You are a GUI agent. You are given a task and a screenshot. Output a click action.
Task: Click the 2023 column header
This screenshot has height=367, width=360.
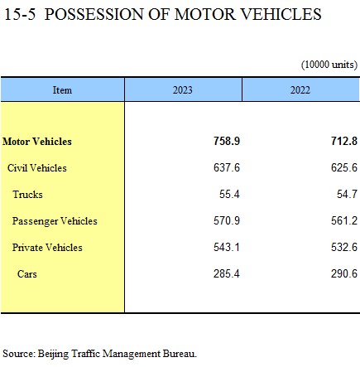183,90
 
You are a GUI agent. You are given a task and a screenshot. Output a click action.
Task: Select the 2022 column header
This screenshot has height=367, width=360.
300,90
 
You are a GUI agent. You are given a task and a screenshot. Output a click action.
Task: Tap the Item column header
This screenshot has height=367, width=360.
62,90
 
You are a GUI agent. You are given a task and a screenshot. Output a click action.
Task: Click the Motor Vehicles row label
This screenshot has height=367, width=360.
37,142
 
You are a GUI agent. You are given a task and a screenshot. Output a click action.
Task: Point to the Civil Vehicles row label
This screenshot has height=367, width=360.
37,168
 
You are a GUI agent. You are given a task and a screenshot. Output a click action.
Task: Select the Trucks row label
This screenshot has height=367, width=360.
27,195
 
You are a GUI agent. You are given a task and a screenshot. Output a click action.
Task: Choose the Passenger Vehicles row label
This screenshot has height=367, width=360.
55,221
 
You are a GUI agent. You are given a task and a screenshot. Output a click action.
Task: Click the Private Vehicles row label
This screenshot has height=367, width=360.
47,248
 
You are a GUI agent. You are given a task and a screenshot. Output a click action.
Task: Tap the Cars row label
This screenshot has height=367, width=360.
27,274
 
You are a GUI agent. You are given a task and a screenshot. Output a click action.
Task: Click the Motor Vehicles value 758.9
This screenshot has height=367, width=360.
227,141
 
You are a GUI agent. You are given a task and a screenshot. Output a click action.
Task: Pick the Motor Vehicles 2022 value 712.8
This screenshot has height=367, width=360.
344,141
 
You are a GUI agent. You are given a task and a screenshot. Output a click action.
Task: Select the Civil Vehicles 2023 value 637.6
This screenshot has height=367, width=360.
227,167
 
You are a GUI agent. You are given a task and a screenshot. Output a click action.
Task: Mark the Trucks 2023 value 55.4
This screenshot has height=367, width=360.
229,194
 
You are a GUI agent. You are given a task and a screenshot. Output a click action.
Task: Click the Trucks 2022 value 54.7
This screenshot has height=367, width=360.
348,194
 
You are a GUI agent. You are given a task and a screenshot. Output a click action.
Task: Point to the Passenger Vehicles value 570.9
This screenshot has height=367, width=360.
227,220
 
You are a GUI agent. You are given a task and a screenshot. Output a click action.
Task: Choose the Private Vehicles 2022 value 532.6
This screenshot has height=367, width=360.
344,247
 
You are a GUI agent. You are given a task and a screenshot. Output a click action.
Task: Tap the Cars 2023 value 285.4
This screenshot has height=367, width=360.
227,273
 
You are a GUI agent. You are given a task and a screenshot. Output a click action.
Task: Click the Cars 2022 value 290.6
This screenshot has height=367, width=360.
344,273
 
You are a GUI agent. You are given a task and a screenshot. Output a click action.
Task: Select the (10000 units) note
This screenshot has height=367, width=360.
329,65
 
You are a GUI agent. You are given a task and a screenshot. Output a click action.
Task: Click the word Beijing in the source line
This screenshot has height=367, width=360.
53,354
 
